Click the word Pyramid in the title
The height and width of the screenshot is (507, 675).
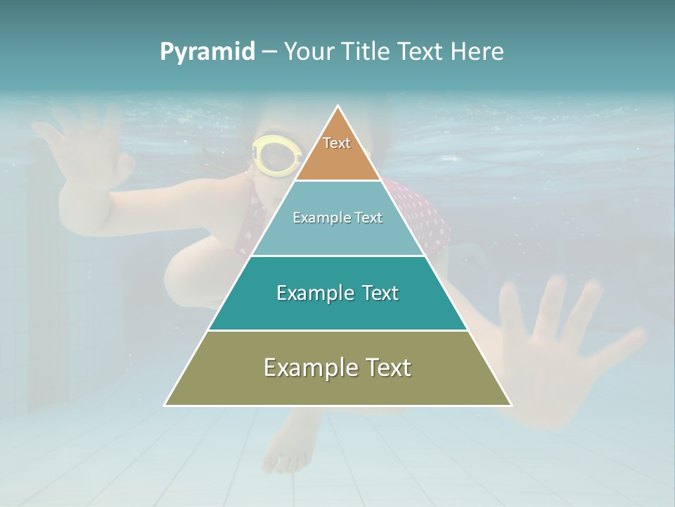pos(207,52)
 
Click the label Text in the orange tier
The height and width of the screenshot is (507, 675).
pos(337,143)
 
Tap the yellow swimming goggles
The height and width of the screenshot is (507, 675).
pos(276,154)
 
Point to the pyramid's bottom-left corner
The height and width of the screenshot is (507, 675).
pos(165,405)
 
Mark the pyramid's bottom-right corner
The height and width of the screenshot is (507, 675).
pos(511,405)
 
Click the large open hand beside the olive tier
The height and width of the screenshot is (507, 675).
pos(562,345)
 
